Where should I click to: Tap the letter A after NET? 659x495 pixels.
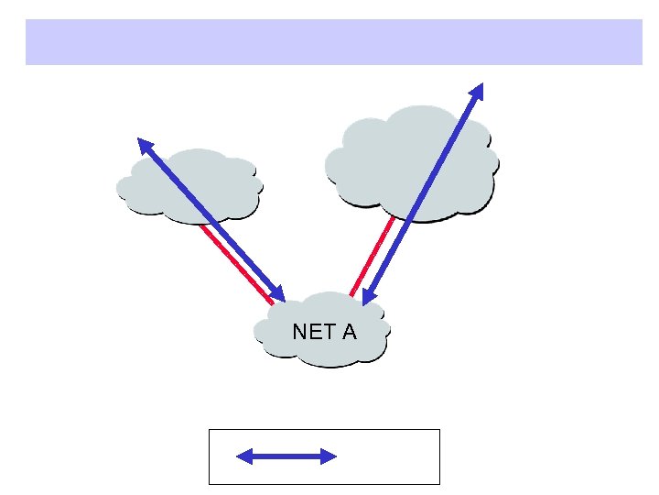coord(349,332)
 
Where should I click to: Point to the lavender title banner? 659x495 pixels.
coord(333,42)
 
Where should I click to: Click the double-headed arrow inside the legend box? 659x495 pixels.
coord(287,456)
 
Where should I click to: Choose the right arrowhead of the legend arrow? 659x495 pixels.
coord(330,456)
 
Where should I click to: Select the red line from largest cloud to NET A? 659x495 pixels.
coord(370,258)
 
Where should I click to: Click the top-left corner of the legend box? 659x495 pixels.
coord(210,429)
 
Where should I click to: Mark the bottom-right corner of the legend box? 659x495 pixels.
coord(439,483)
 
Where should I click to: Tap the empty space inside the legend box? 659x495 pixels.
coord(394,456)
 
